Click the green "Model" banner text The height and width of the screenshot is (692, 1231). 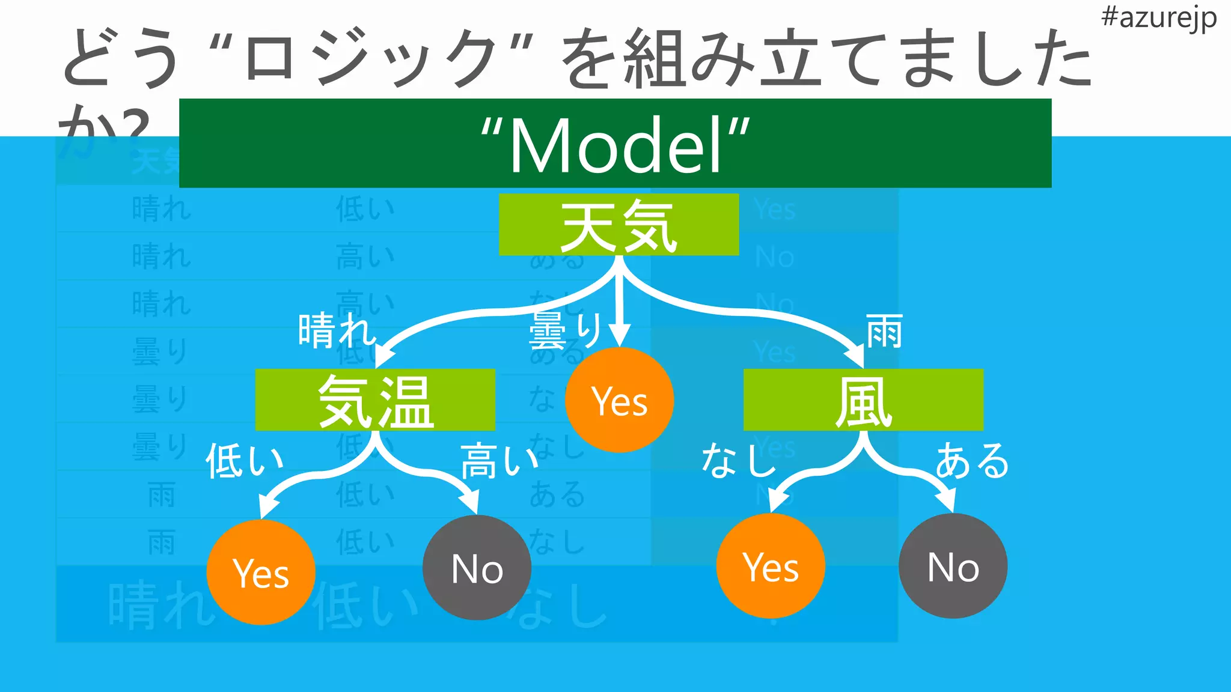pos(615,144)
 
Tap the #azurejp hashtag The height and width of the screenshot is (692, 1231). pos(1158,18)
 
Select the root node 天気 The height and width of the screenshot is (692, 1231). pos(619,225)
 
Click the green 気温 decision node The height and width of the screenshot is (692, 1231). pos(375,400)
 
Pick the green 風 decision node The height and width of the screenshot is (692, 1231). pos(863,400)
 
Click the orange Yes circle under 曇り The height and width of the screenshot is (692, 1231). pos(619,400)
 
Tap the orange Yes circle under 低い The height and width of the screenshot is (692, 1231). pos(261,572)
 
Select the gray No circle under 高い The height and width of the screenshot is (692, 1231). pos(477,568)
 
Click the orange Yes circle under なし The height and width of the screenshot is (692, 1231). pos(771,566)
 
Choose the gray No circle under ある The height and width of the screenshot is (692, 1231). pos(953,566)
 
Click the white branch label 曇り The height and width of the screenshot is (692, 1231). pos(565,330)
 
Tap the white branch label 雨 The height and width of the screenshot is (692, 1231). pos(884,331)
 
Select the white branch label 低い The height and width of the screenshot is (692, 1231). pos(244,461)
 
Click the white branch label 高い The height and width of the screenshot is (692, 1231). pos(499,461)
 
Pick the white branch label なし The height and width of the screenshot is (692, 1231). pos(738,461)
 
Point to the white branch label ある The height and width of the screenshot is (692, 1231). pos(972,461)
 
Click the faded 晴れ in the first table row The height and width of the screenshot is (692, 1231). pos(161,209)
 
